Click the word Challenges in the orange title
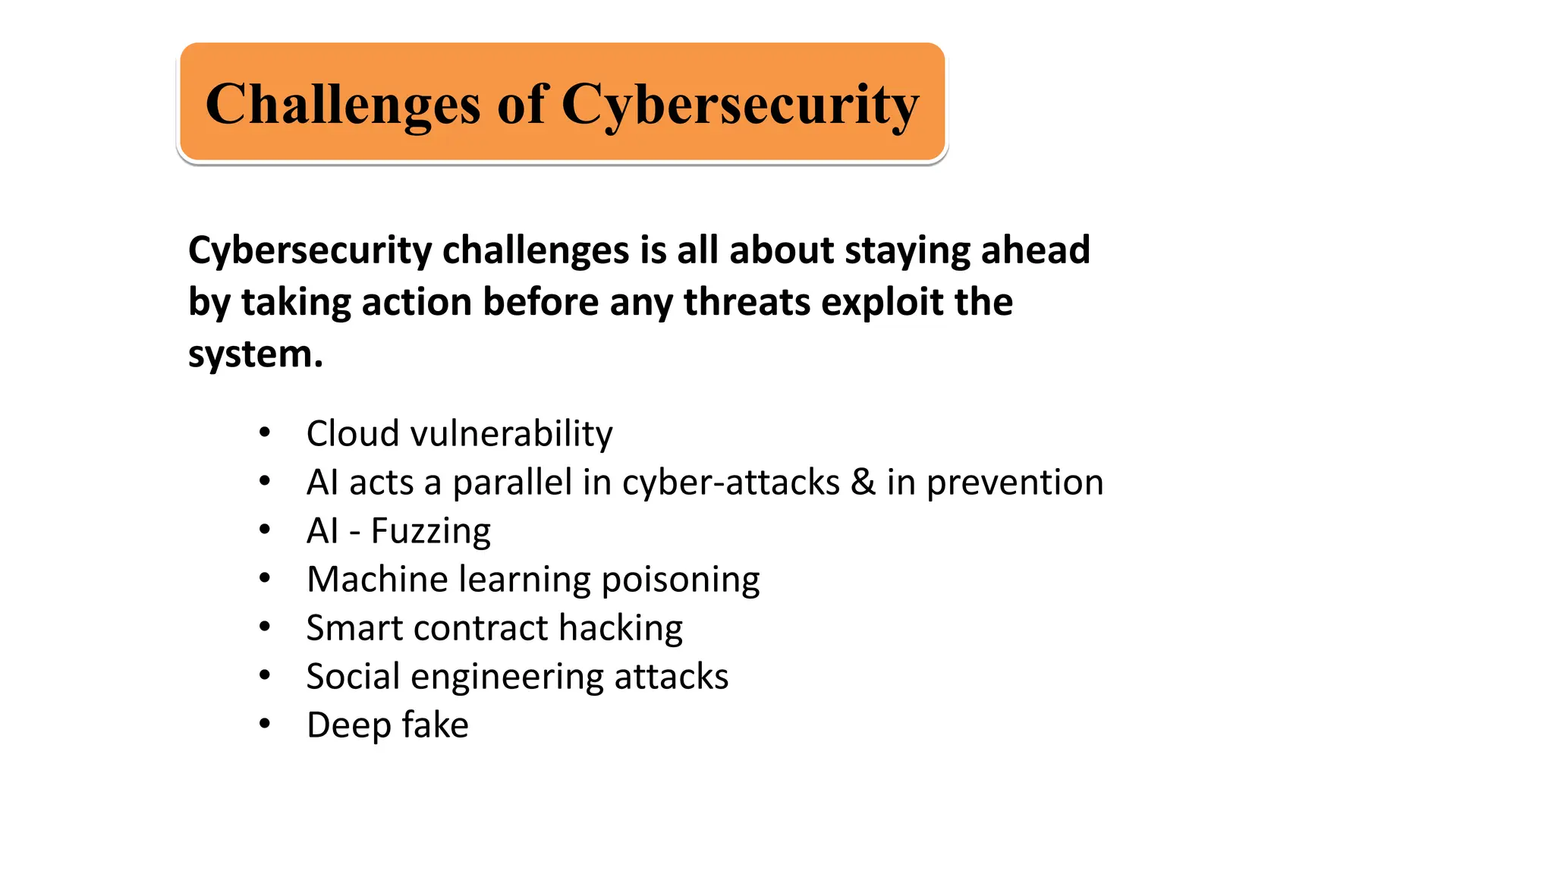(342, 104)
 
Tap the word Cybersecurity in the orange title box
(740, 104)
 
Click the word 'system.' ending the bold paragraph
(255, 354)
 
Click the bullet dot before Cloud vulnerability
(264, 432)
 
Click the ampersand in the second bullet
(863, 483)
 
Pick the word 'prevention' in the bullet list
(1015, 483)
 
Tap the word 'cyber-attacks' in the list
(730, 483)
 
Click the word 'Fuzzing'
(430, 531)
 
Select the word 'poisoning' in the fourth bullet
(680, 580)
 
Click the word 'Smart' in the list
(351, 628)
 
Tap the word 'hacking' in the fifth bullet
(620, 628)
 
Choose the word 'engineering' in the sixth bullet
(506, 677)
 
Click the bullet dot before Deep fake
(264, 724)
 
